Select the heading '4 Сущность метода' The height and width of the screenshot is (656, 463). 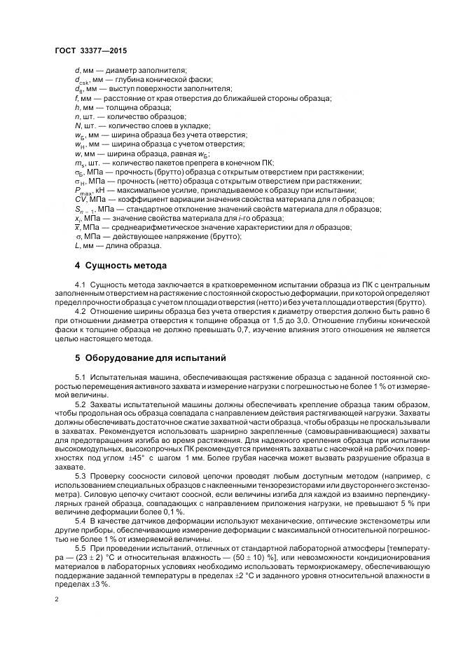pyautogui.click(x=120, y=266)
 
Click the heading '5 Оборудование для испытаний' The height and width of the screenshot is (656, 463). pyautogui.click(x=150, y=357)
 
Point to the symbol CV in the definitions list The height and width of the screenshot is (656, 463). pyautogui.click(x=79, y=200)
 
